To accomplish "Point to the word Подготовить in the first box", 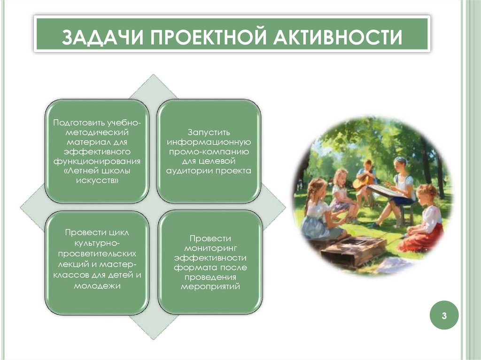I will coord(79,123).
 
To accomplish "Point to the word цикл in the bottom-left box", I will coord(116,233).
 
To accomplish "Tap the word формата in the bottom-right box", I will coord(193,268).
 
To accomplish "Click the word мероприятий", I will coord(210,287).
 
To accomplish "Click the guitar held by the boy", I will coord(361,181).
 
